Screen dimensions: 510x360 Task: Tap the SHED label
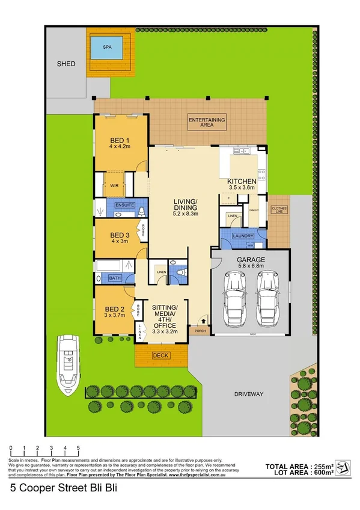(66, 63)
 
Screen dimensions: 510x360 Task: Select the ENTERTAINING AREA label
(207, 123)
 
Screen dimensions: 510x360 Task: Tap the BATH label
(115, 278)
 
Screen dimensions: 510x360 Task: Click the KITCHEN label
(242, 184)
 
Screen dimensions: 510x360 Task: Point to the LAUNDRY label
(242, 236)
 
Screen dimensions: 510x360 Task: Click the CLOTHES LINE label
(279, 210)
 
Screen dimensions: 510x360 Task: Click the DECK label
(160, 355)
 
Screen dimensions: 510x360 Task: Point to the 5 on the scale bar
(79, 449)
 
